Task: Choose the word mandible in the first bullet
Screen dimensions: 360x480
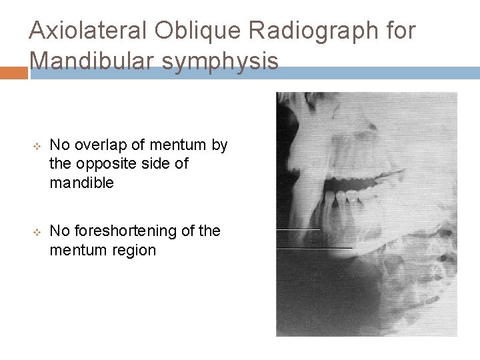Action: [82, 183]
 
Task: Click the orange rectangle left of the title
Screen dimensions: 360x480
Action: [13, 73]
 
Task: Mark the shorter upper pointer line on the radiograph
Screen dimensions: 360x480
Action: [299, 229]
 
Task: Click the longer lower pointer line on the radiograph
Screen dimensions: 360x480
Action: [314, 248]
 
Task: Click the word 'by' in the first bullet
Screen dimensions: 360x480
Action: [219, 145]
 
